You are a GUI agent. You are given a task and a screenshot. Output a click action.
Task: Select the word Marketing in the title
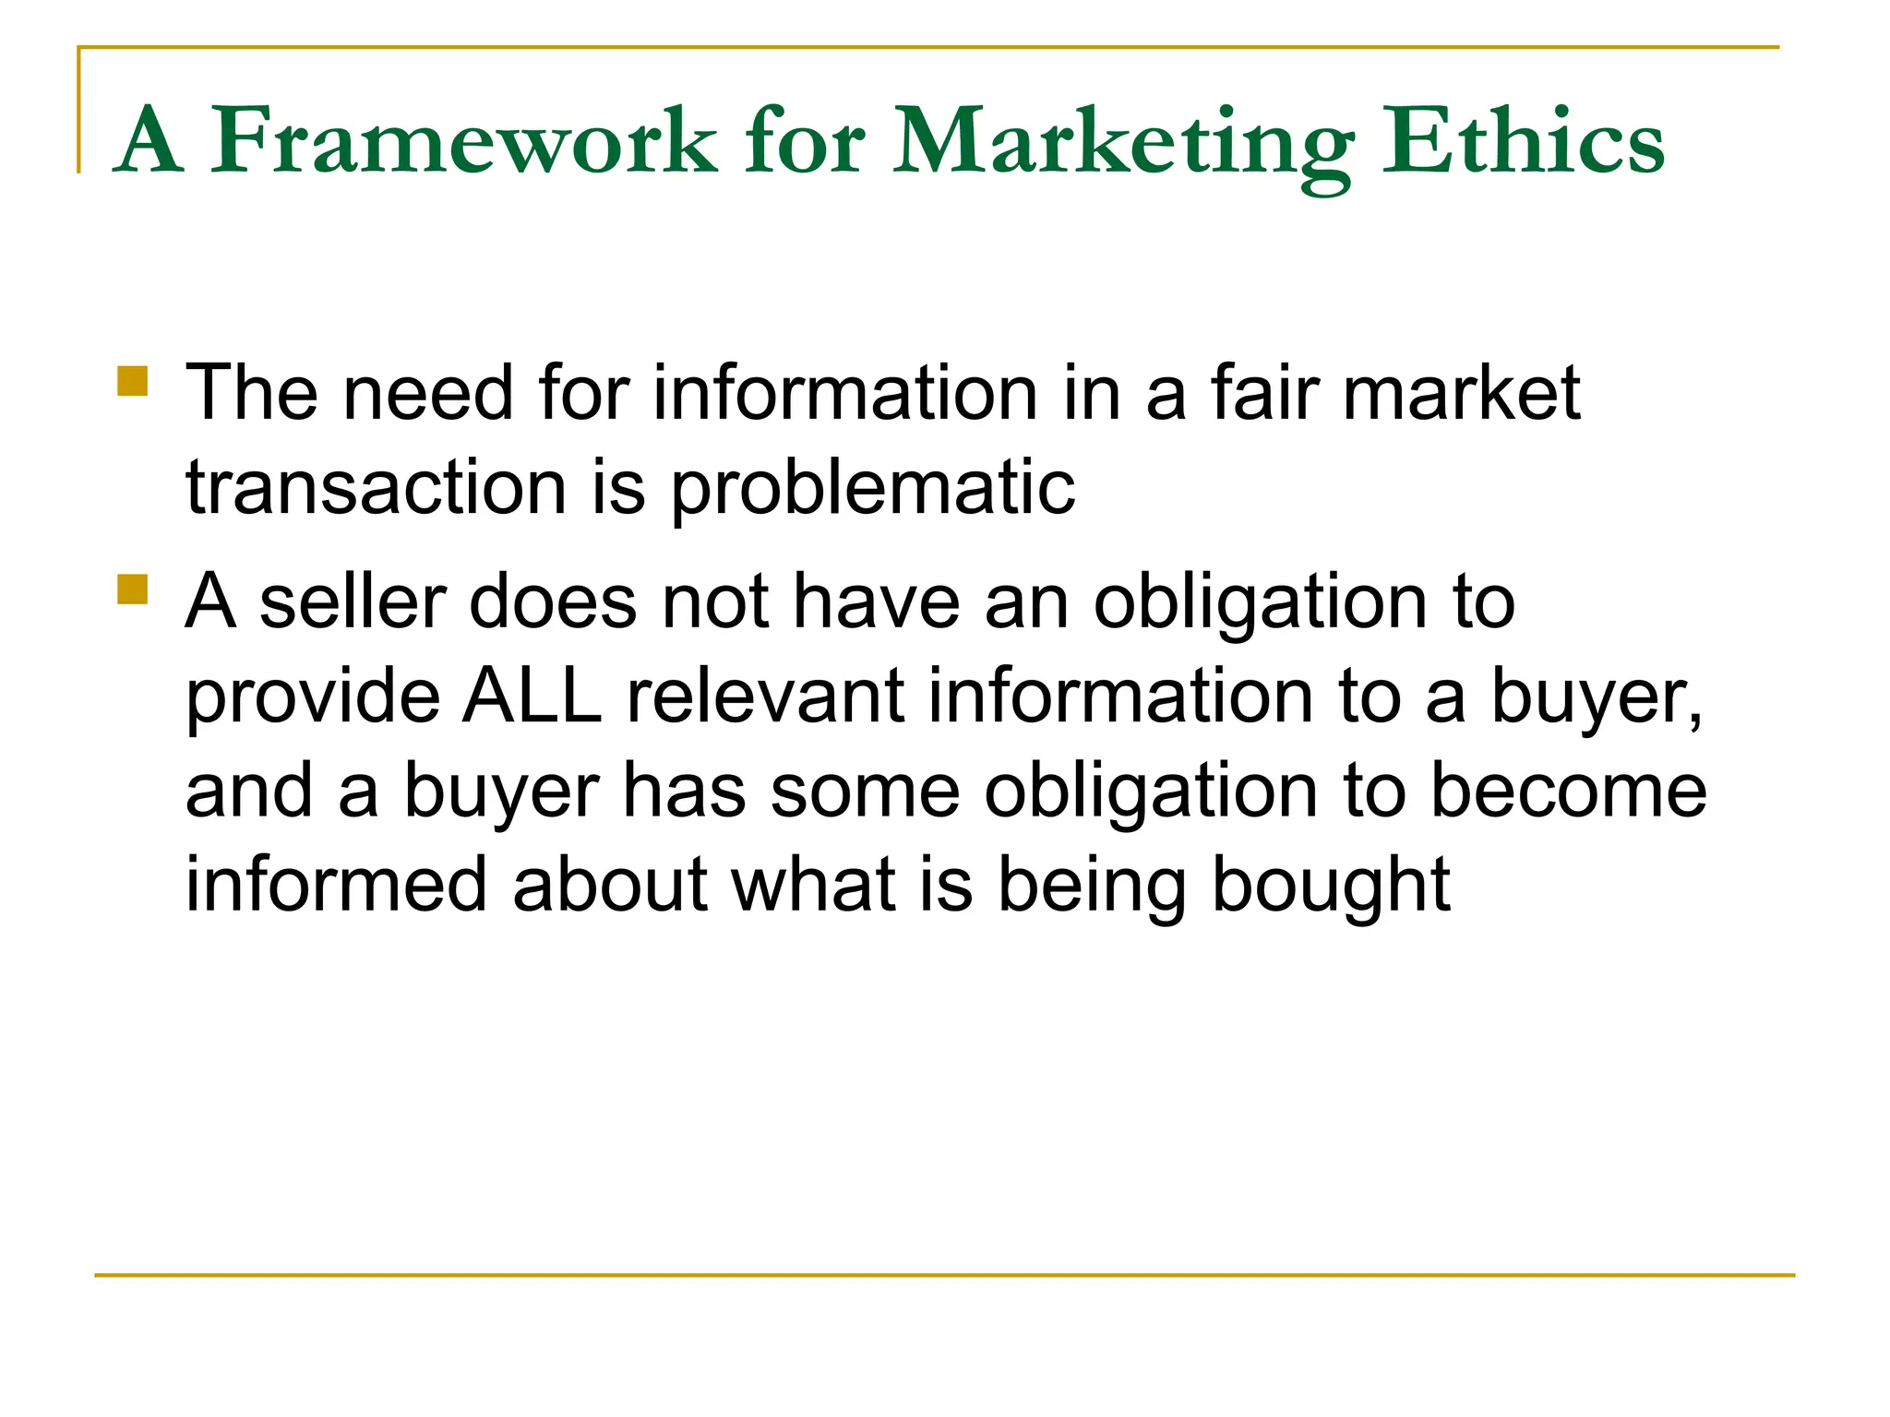[1122, 143]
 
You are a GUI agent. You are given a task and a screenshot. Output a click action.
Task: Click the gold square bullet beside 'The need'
[133, 381]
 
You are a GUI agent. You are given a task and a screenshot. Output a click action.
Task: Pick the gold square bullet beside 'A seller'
[133, 589]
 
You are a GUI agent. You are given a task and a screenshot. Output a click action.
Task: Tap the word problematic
[872, 489]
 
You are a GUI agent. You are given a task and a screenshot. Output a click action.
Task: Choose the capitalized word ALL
[532, 696]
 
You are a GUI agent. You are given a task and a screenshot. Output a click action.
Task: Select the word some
[865, 791]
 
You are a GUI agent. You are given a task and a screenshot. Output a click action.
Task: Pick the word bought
[1331, 886]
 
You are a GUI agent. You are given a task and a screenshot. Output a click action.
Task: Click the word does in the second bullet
[553, 601]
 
